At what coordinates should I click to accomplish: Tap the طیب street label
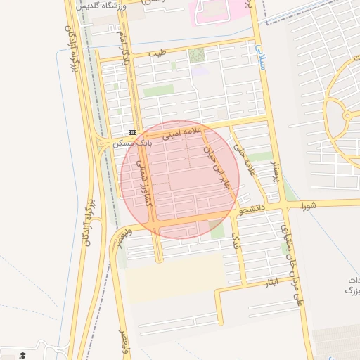[160, 52]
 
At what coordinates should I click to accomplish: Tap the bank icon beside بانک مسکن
[132, 132]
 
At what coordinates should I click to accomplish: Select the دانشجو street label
[251, 210]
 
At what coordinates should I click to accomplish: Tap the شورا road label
[309, 205]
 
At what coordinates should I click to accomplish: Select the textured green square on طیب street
[197, 55]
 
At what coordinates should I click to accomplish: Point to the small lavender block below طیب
[200, 71]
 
